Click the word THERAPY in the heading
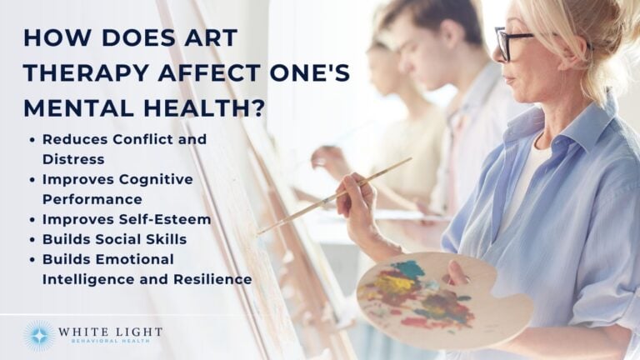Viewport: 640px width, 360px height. coord(74,73)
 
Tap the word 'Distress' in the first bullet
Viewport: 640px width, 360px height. coord(72,159)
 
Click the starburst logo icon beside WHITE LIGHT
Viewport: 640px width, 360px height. coord(39,336)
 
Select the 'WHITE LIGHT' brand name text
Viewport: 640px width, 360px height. coord(109,332)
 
